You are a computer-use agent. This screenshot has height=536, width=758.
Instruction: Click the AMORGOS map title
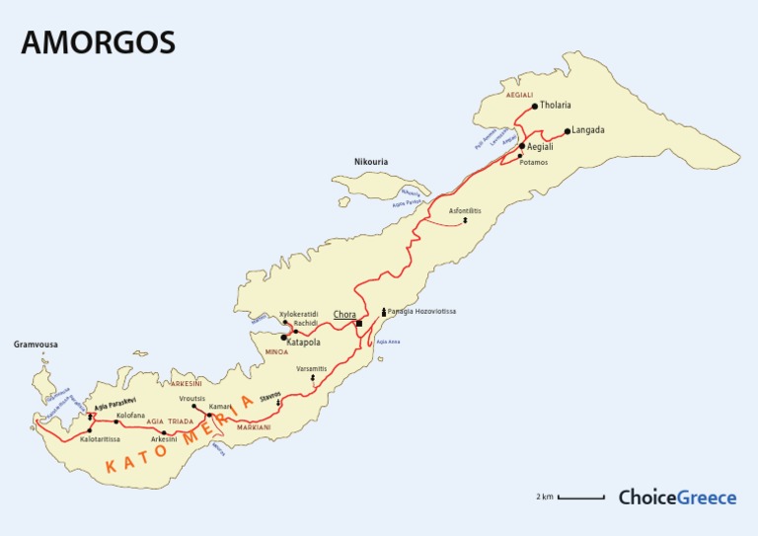click(x=97, y=41)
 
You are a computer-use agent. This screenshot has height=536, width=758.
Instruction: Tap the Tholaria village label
click(x=556, y=106)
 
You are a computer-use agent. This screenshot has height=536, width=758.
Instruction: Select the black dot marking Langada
click(x=567, y=130)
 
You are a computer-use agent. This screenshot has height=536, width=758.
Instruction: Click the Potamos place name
click(x=532, y=162)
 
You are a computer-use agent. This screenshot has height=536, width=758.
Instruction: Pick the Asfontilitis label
click(x=465, y=211)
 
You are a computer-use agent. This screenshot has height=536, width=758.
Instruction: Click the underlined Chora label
click(x=344, y=315)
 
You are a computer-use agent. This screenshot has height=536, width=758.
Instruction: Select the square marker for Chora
click(x=360, y=323)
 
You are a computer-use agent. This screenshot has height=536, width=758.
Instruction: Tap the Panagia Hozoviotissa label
click(x=421, y=311)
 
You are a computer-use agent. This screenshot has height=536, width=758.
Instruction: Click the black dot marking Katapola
click(x=284, y=337)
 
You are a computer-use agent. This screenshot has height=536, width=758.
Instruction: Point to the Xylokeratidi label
click(x=298, y=314)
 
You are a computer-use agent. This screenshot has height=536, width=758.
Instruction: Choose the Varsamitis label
click(x=313, y=368)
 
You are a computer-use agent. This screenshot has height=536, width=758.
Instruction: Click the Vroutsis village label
click(x=192, y=398)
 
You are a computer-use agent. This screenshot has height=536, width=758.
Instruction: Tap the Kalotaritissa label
click(x=100, y=439)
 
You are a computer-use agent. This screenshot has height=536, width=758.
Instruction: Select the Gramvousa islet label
click(x=36, y=345)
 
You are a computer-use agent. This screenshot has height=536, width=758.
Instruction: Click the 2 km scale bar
click(x=580, y=498)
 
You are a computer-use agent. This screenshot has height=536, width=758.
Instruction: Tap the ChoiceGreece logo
click(x=677, y=498)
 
